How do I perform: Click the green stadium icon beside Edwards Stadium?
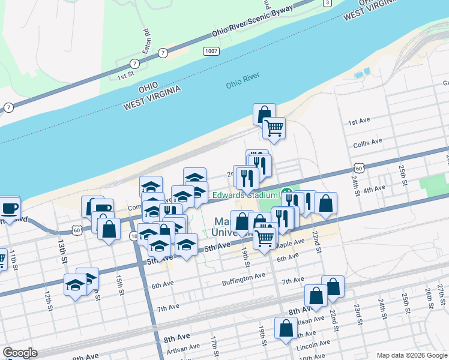[286, 195]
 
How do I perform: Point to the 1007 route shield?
[210, 52]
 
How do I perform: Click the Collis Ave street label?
[368, 142]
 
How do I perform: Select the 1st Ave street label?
[359, 122]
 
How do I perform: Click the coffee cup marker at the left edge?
[8, 209]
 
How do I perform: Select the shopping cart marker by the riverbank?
[274, 128]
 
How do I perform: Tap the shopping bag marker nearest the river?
[264, 114]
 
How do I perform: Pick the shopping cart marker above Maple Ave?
[264, 238]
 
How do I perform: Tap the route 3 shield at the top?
[327, 3]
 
